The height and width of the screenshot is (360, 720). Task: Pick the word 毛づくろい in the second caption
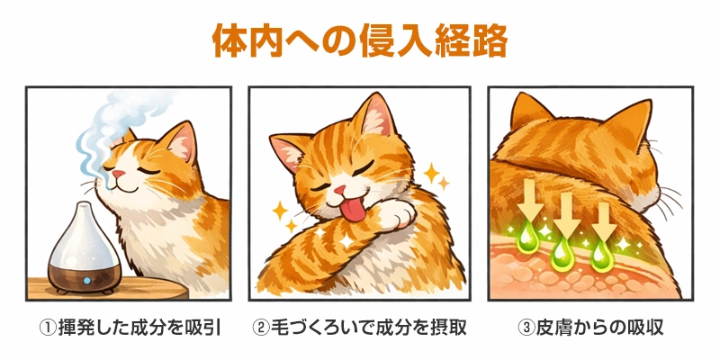click(310, 327)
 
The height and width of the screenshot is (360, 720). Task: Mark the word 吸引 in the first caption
click(204, 327)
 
